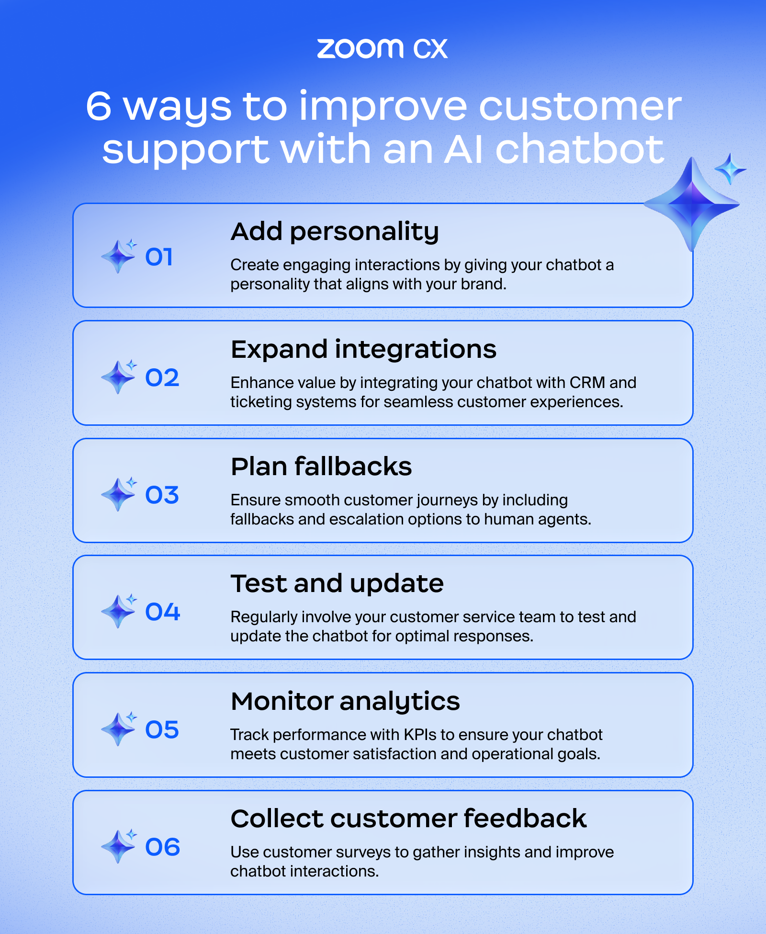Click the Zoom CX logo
pyautogui.click(x=382, y=49)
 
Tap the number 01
pyautogui.click(x=159, y=257)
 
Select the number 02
pyautogui.click(x=162, y=378)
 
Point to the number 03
pyautogui.click(x=162, y=495)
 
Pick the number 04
pyautogui.click(x=163, y=612)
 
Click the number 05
pyautogui.click(x=162, y=730)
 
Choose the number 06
pyautogui.click(x=163, y=847)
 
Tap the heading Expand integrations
pyautogui.click(x=363, y=350)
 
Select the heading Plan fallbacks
pyautogui.click(x=321, y=467)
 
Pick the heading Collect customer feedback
pyautogui.click(x=408, y=819)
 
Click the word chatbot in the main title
pyautogui.click(x=579, y=149)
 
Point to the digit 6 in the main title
pyautogui.click(x=99, y=106)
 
